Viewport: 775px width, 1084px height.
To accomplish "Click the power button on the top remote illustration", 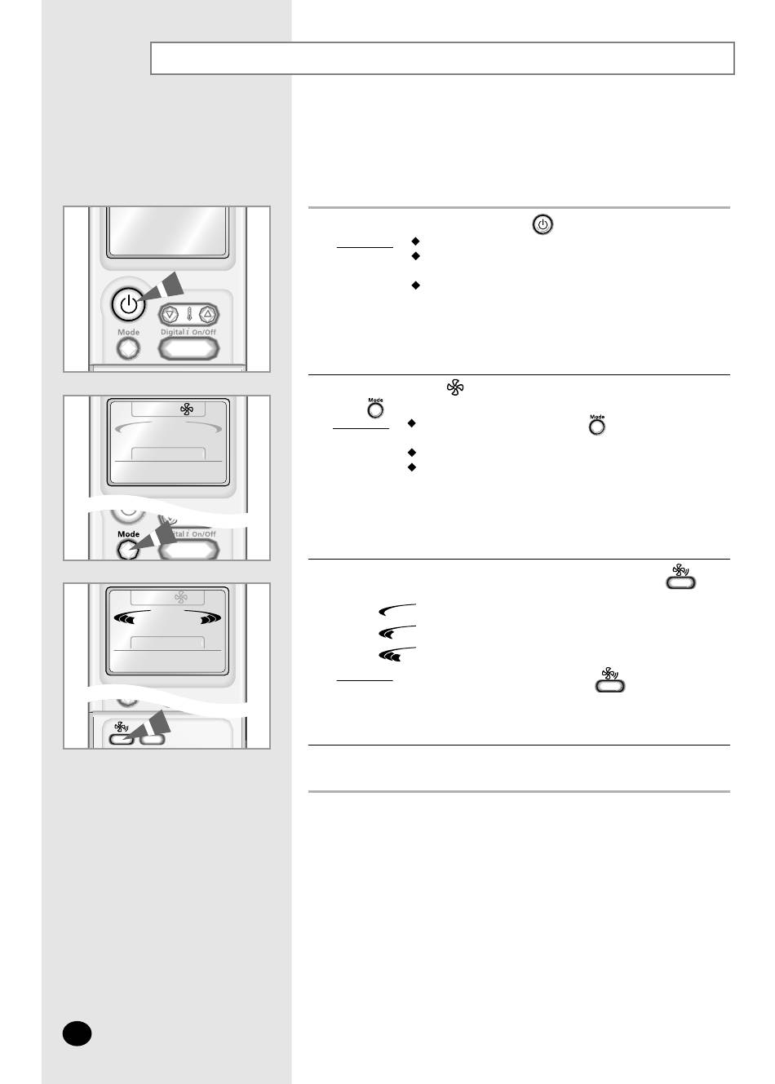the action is pyautogui.click(x=128, y=304).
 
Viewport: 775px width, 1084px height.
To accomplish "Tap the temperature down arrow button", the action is pyautogui.click(x=170, y=315).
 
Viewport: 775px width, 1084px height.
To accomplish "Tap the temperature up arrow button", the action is pyautogui.click(x=208, y=314).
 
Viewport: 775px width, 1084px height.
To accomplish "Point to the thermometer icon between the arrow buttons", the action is pyautogui.click(x=188, y=315).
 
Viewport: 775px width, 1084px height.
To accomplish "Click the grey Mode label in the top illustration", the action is pyautogui.click(x=128, y=333).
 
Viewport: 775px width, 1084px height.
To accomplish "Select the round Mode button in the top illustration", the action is pyautogui.click(x=128, y=348).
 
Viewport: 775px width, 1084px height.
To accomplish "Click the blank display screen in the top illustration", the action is pyautogui.click(x=167, y=232).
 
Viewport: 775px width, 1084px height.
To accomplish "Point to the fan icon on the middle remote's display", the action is pyautogui.click(x=186, y=409).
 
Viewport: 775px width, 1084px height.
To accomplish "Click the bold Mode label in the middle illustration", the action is pyautogui.click(x=128, y=534).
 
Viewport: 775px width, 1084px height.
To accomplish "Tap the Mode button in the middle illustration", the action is pyautogui.click(x=127, y=550).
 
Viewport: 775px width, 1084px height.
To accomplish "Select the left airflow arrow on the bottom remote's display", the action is pyautogui.click(x=131, y=617).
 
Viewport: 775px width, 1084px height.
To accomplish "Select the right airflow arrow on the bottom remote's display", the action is pyautogui.click(x=203, y=617).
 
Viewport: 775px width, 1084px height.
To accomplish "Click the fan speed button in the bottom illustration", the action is pyautogui.click(x=121, y=739).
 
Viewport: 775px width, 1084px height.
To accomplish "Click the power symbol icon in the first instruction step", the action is pyautogui.click(x=542, y=224).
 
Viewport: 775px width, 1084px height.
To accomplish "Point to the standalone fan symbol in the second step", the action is pyautogui.click(x=455, y=387).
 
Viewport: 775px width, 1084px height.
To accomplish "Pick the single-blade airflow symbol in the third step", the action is pyautogui.click(x=397, y=610).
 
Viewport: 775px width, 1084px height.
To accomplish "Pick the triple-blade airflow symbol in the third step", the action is pyautogui.click(x=397, y=654).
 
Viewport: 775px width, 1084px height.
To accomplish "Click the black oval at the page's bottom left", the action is pyautogui.click(x=77, y=1033).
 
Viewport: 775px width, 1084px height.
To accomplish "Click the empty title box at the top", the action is pyautogui.click(x=442, y=58).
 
